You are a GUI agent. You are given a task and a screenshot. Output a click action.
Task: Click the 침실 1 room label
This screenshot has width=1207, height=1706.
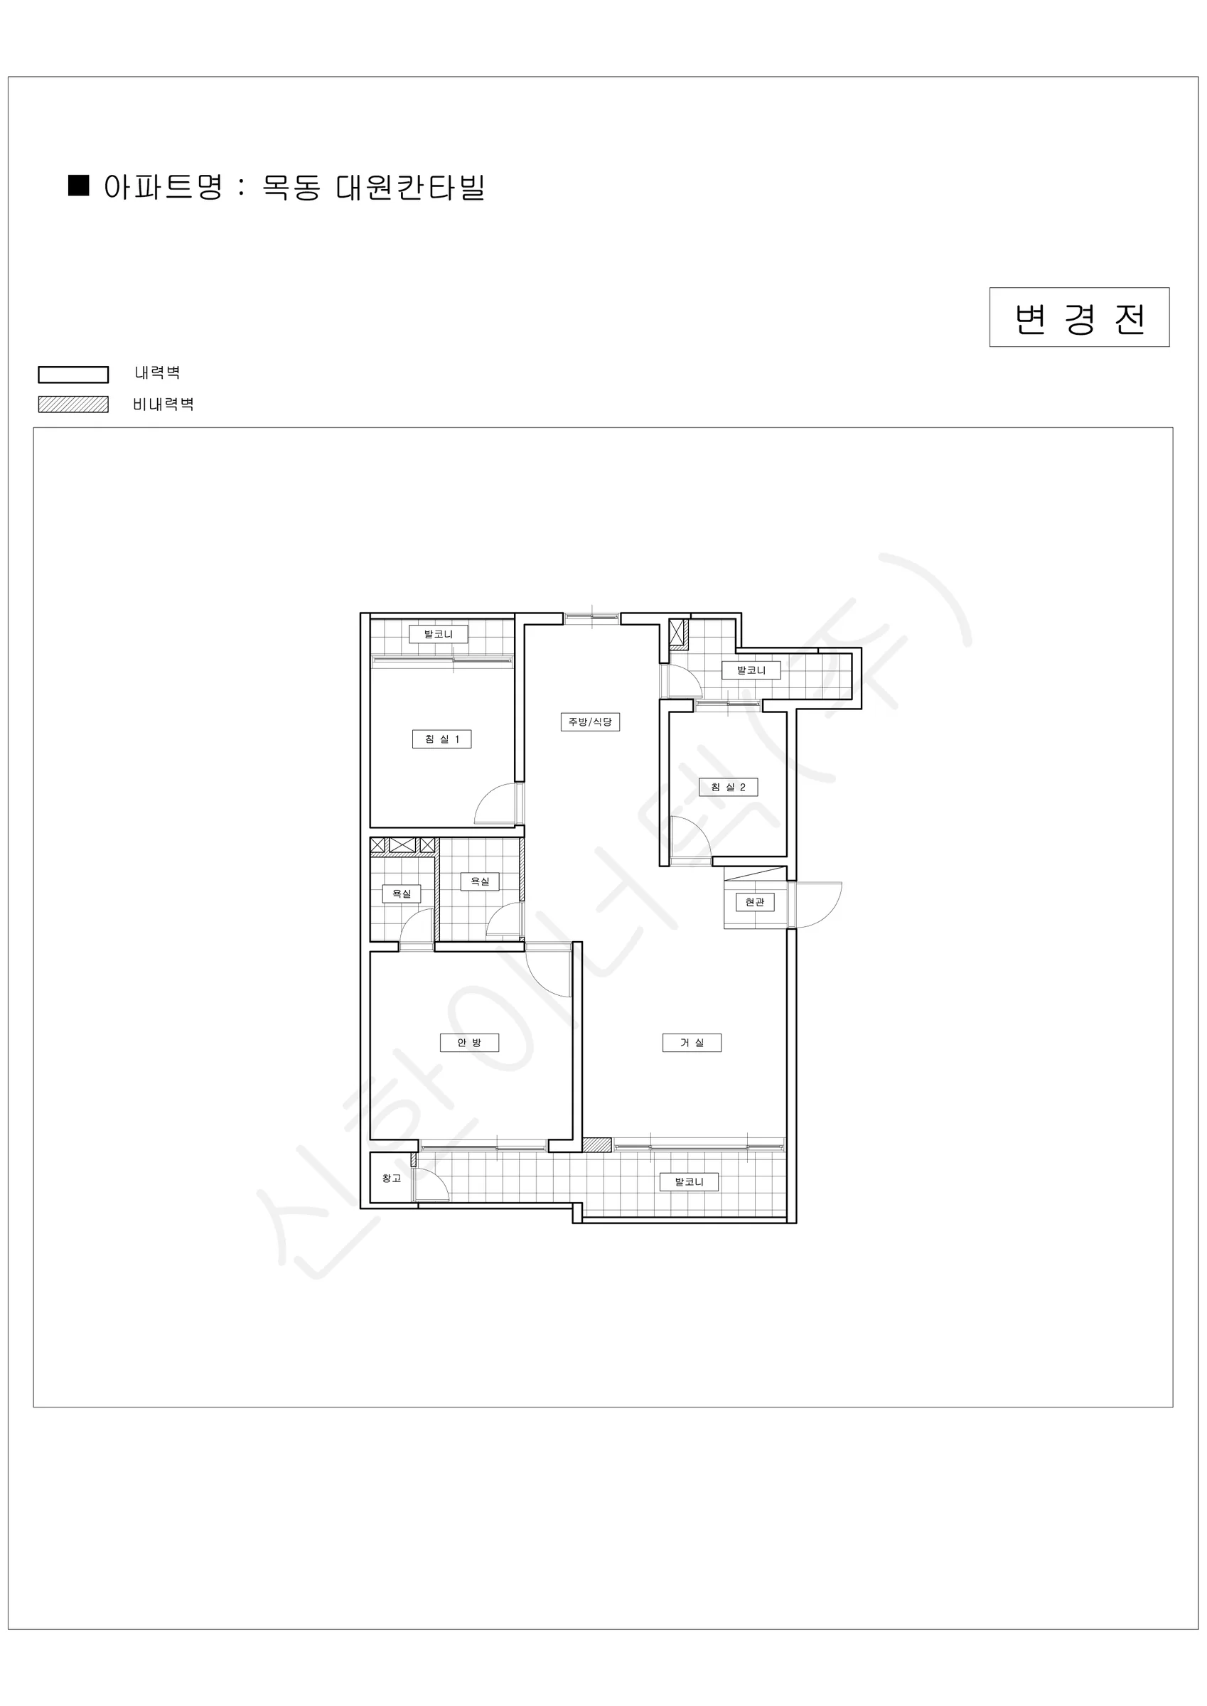(441, 739)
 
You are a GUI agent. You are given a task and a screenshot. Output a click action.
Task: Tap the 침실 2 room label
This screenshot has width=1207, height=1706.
(729, 787)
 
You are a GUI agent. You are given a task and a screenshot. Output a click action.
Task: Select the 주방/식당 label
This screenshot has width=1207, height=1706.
(590, 721)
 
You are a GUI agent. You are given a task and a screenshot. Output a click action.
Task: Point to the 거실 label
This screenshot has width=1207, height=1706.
(692, 1043)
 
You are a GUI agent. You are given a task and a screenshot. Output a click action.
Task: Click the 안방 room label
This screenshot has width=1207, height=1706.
(469, 1043)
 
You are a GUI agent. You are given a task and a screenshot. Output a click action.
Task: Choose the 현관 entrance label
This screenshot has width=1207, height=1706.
(754, 902)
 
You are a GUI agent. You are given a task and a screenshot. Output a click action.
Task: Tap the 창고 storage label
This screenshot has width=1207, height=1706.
(392, 1179)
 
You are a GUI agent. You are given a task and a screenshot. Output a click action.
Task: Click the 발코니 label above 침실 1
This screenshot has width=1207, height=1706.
(439, 634)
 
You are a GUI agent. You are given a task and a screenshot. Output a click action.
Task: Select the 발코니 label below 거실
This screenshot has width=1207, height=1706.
(689, 1181)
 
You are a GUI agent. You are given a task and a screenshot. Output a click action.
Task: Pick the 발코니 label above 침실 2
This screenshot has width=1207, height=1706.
(751, 670)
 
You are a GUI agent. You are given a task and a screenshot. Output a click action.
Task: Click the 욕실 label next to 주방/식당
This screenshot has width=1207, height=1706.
(480, 881)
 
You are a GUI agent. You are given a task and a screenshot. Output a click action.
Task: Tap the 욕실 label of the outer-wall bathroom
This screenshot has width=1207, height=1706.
(402, 894)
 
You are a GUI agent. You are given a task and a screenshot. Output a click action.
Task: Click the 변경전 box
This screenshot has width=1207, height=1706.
(1079, 317)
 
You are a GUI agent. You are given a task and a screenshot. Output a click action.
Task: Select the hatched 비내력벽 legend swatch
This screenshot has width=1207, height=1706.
(74, 404)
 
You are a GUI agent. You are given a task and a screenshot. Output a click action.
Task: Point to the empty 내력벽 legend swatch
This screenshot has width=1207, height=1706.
(74, 375)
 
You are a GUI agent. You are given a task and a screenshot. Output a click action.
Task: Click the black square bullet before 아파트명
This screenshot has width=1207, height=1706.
(78, 185)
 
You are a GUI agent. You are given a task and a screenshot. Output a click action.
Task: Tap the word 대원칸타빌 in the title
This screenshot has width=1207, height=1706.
(410, 187)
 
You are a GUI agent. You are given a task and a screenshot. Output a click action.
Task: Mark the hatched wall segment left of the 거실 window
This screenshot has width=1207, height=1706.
(597, 1145)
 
